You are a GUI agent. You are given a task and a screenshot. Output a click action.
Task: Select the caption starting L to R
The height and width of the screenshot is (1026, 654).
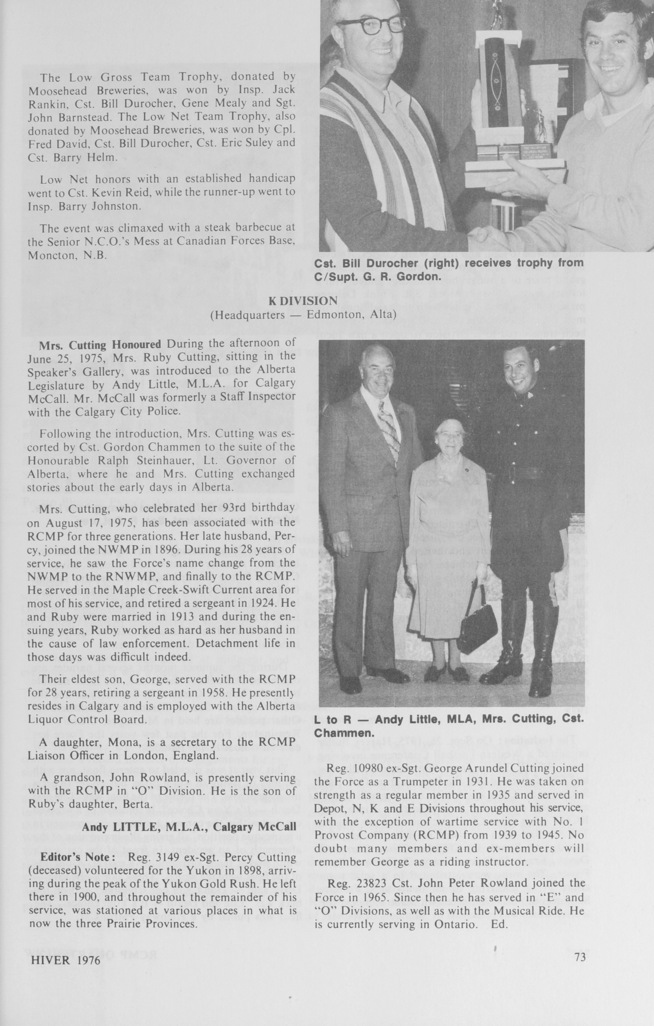(x=449, y=726)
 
